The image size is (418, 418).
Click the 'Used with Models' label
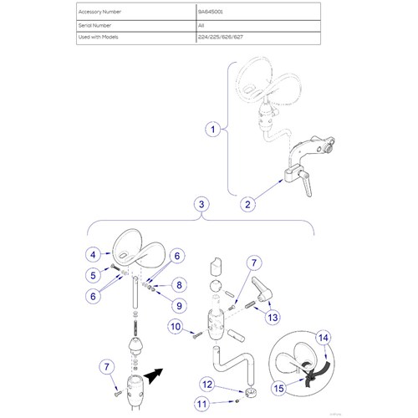click(101, 38)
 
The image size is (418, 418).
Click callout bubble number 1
click(215, 130)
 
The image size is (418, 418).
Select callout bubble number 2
click(248, 202)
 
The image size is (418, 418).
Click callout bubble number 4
click(94, 252)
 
